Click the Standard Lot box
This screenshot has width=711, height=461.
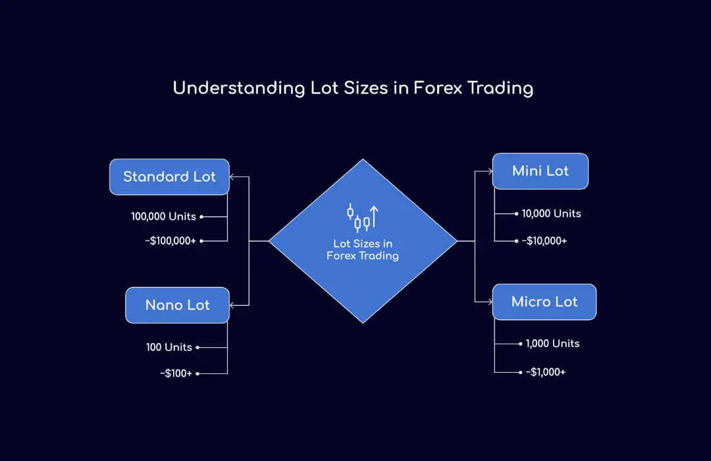click(169, 176)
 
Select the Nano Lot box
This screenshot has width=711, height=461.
click(177, 305)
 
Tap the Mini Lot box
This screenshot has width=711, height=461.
click(540, 171)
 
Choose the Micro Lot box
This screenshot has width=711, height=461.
click(544, 302)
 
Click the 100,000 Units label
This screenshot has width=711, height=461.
click(164, 216)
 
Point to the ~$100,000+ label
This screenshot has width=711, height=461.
click(171, 241)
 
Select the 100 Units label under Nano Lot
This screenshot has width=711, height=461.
click(169, 347)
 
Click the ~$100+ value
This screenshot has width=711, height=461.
click(176, 373)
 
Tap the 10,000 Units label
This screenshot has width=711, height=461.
click(551, 213)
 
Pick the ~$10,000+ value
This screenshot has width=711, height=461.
click(544, 241)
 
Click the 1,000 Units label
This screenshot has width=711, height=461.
click(552, 343)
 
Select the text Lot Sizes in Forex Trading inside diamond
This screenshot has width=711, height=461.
click(363, 250)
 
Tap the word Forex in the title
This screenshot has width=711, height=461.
click(437, 88)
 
